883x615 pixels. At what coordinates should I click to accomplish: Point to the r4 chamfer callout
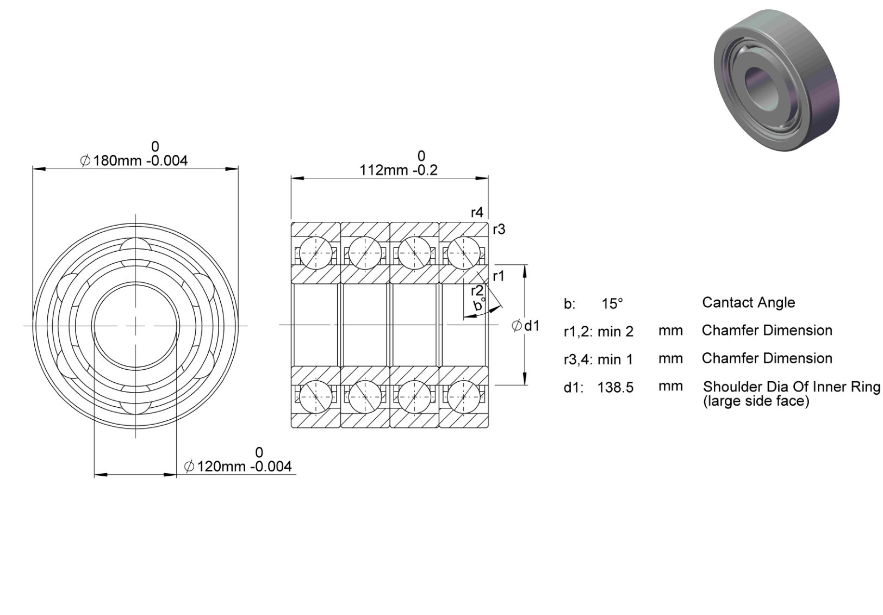pyautogui.click(x=477, y=213)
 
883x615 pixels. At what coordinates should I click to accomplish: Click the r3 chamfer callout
pyautogui.click(x=499, y=229)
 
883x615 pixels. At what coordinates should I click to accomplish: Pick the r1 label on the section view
pyautogui.click(x=499, y=276)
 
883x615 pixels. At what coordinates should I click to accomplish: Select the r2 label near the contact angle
pyautogui.click(x=477, y=291)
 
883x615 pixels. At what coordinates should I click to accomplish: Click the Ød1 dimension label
pyautogui.click(x=525, y=326)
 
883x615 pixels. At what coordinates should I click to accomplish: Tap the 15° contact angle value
pyautogui.click(x=612, y=303)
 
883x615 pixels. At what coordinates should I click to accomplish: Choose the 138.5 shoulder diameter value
pyautogui.click(x=615, y=388)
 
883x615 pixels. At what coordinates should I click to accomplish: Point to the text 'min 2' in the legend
pyautogui.click(x=615, y=332)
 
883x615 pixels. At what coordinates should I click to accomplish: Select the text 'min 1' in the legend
pyautogui.click(x=615, y=359)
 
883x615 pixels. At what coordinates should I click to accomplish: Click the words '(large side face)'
pyautogui.click(x=756, y=401)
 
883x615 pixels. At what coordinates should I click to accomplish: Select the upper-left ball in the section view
pyautogui.click(x=316, y=253)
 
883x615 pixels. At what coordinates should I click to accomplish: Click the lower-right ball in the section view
pyautogui.click(x=464, y=396)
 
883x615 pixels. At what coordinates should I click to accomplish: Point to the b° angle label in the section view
pyautogui.click(x=480, y=305)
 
